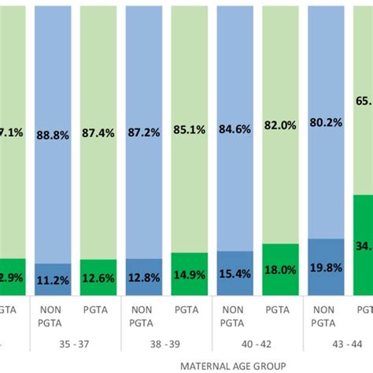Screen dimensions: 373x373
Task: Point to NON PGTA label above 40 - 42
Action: coord(235,316)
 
